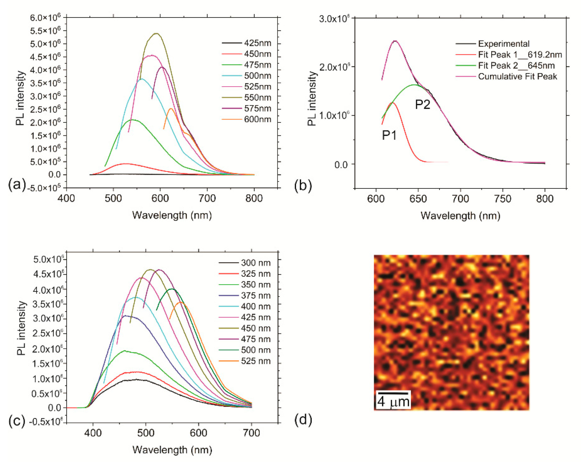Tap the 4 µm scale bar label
393,402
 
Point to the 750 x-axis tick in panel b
503,199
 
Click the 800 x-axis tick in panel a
254,198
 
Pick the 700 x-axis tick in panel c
251,433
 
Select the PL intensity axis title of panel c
21,328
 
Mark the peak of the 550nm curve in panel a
156,34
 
